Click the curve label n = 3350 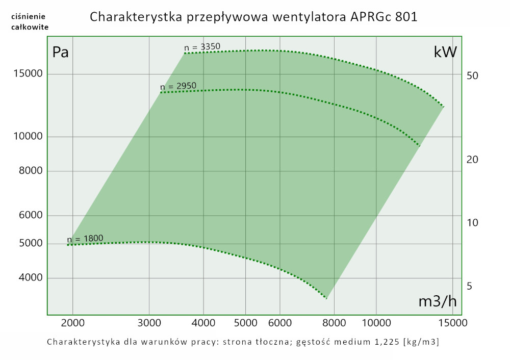coord(202,47)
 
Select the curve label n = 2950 coord(178,86)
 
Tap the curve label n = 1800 coord(85,238)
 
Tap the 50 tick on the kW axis coord(472,75)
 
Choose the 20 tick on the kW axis coord(472,160)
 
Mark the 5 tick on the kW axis coord(469,286)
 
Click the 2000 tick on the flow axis coord(73,323)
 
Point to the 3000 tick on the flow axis coord(149,323)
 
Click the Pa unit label coord(61,52)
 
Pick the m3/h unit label coord(437,301)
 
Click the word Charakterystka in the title coord(132,17)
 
